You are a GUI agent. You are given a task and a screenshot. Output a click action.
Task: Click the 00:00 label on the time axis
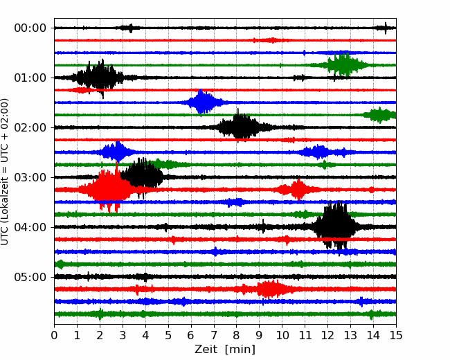pos(30,28)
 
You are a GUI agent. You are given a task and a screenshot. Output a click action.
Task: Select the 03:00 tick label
pos(30,177)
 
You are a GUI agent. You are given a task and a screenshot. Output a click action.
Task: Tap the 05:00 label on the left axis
pos(30,277)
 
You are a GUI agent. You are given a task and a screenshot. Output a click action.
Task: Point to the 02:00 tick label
pos(30,128)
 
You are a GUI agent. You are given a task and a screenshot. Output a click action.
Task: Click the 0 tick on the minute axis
pos(54,335)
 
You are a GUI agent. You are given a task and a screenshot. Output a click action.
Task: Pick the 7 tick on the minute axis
pos(214,335)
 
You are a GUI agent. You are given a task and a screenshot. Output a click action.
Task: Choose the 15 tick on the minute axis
pos(396,335)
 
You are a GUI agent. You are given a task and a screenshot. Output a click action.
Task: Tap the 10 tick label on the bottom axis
pos(282,335)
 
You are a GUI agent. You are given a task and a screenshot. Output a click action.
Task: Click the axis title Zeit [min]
pos(225,350)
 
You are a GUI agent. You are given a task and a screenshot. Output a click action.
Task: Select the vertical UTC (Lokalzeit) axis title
pos(4,172)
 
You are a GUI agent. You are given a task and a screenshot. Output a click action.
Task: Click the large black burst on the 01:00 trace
pos(100,78)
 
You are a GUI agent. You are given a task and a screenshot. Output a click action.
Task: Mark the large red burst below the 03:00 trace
pos(107,190)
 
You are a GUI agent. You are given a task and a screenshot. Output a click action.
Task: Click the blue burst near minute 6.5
pos(202,102)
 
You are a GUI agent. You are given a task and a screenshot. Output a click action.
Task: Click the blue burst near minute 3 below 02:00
pos(116,152)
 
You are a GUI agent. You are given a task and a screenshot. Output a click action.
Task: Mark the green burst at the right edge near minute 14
pos(380,115)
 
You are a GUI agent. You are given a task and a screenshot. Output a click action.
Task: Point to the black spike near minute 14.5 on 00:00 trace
pos(386,28)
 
